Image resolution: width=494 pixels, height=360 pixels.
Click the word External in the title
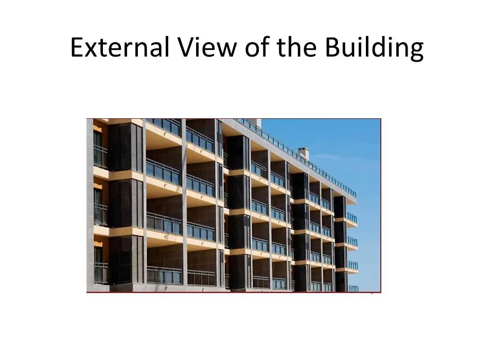coord(120,47)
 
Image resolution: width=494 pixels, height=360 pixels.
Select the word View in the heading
coord(207,47)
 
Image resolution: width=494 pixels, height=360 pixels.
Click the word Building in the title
coord(374,48)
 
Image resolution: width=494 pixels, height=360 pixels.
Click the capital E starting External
coord(77,47)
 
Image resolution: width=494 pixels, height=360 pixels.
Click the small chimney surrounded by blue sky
coord(303,153)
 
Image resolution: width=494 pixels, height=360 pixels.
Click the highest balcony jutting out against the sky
coord(352,220)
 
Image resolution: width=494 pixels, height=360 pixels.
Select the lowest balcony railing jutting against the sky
coord(354,289)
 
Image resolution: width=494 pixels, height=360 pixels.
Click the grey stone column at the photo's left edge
coord(90,205)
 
